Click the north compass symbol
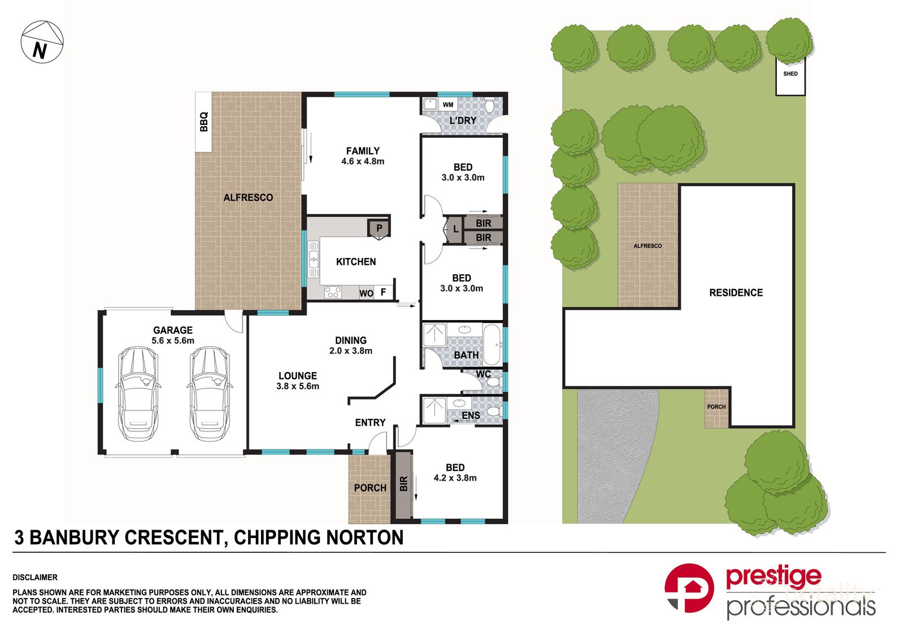coord(42,42)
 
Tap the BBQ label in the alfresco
coord(204,122)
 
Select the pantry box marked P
coord(379,229)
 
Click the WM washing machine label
coord(447,105)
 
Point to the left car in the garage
coord(137,394)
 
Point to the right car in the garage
coord(208,394)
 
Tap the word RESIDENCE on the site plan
coord(736,293)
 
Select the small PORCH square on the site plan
coord(716,408)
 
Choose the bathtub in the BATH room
coord(492,344)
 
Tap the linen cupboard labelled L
coord(455,230)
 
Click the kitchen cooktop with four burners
coord(332,292)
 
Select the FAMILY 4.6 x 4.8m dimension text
coord(363,161)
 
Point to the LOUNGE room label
coord(297,376)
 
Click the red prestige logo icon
coord(689,588)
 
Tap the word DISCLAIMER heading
coord(35,578)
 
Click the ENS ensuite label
coord(471,416)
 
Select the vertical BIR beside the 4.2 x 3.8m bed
coord(403,484)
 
